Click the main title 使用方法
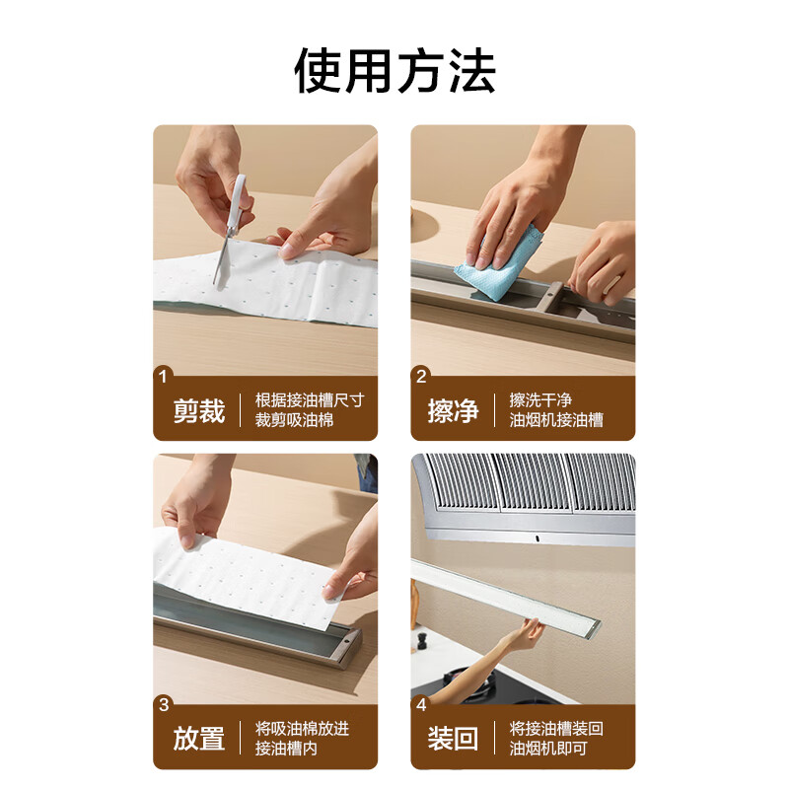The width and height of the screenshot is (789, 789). [394, 70]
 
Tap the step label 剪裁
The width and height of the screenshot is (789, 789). [199, 410]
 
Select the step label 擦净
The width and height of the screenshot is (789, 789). [454, 410]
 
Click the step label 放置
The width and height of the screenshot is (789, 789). [199, 738]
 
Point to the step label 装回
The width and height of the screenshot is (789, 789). [454, 738]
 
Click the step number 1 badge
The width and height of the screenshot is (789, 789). [164, 375]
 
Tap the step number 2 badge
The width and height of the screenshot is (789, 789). [422, 375]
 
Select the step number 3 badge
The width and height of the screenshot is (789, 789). [164, 704]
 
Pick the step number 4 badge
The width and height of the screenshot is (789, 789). [422, 704]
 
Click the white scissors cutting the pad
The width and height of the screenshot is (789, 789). [232, 222]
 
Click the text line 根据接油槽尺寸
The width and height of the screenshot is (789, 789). [309, 399]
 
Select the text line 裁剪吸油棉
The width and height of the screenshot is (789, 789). [295, 420]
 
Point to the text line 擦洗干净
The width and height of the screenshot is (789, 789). [540, 399]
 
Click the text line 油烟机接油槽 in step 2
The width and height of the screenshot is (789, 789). [556, 420]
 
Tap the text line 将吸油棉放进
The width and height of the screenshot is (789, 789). [302, 728]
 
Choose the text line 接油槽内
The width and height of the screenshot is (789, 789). [286, 749]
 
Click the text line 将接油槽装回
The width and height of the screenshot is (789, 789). [556, 728]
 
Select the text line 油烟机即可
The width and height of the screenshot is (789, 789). [548, 749]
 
